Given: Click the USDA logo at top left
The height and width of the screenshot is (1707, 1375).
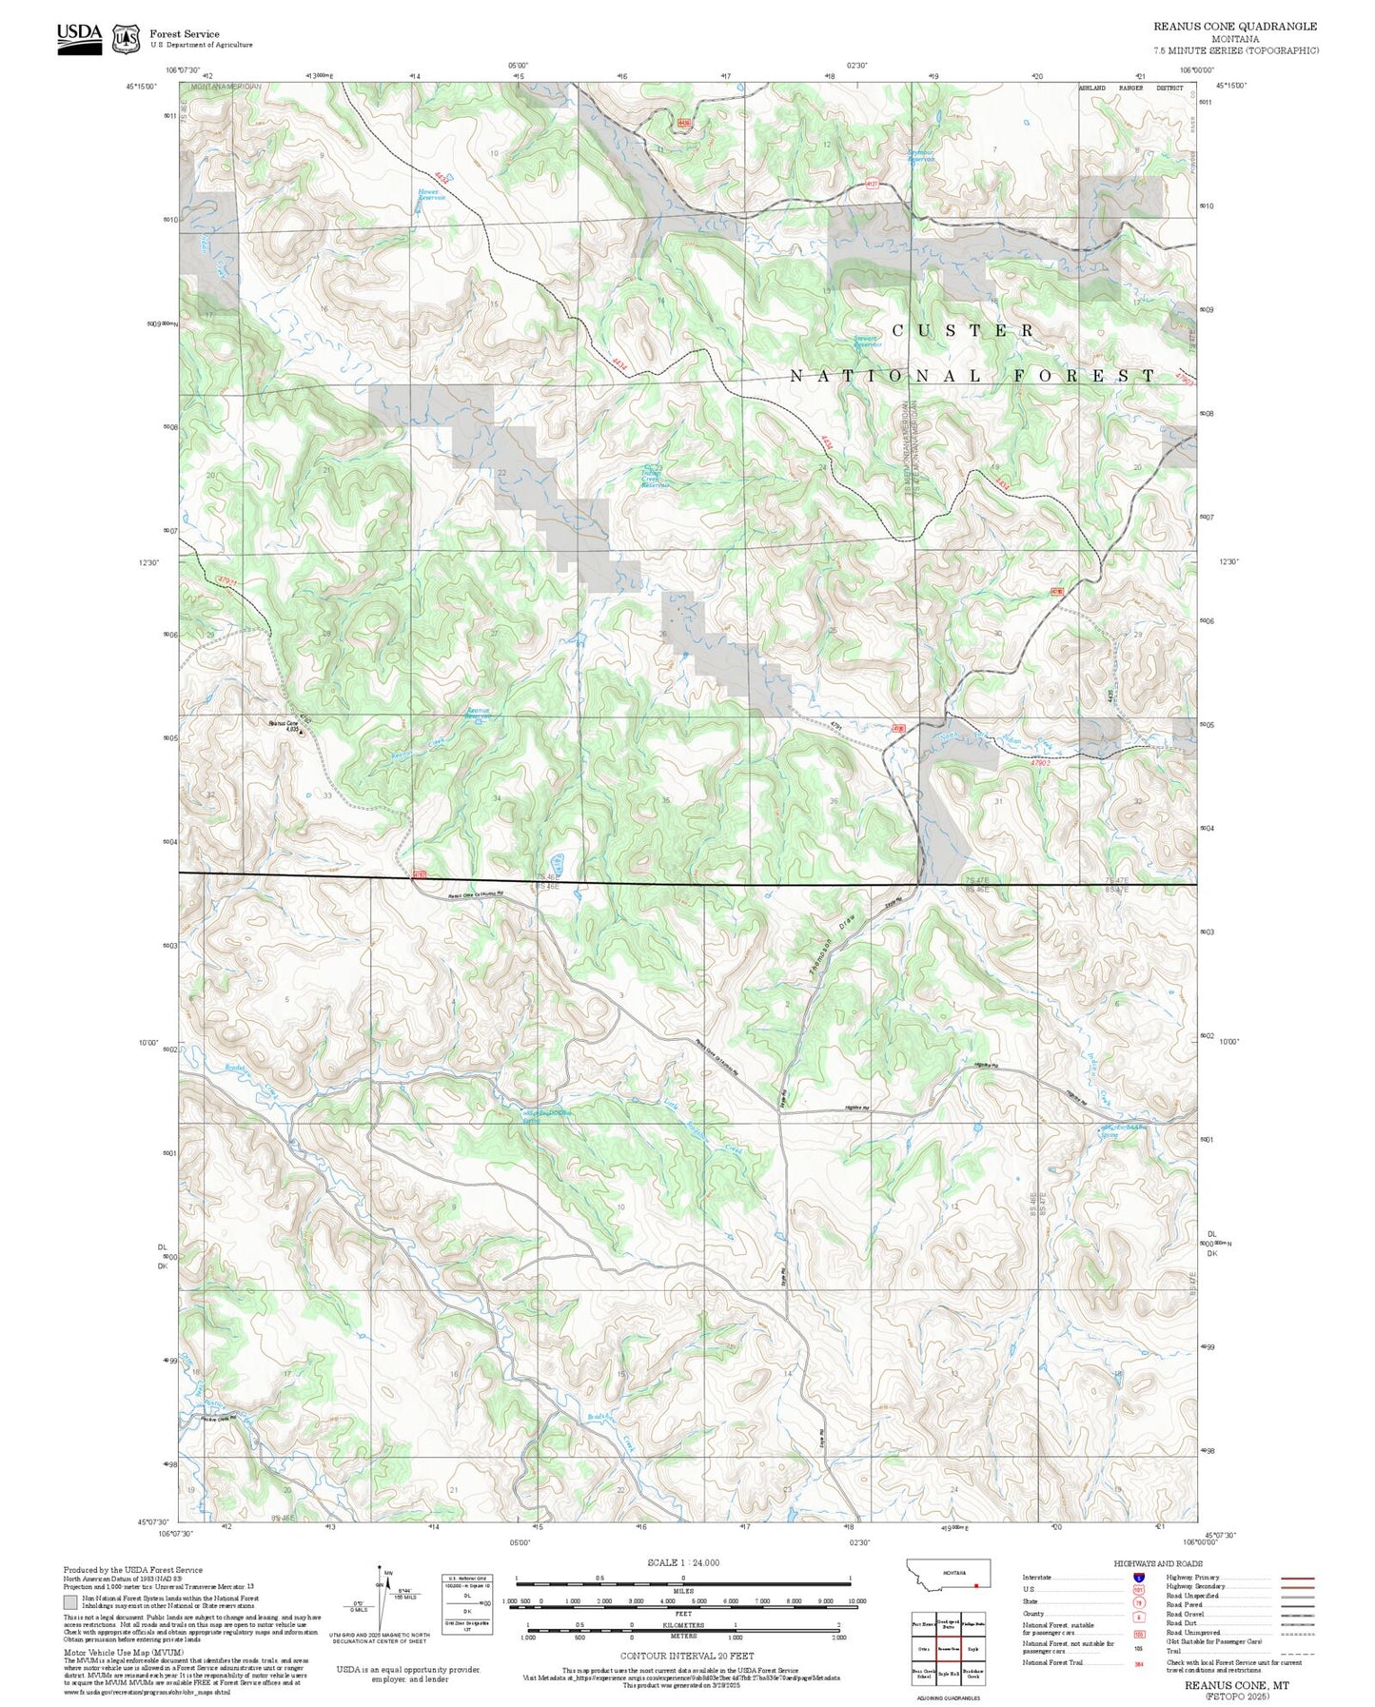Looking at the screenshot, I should tap(79, 37).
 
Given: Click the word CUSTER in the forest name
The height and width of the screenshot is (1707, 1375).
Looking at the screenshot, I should tap(963, 330).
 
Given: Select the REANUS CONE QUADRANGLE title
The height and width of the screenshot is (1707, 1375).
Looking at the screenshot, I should tap(1235, 27).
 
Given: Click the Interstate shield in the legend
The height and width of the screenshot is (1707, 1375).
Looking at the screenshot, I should tap(1138, 1577).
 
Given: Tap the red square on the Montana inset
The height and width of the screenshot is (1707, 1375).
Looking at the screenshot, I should tap(976, 1586).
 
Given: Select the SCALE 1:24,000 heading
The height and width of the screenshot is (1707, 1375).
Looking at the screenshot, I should tap(682, 1562).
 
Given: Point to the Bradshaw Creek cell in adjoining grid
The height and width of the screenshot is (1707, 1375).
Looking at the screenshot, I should tap(973, 1673).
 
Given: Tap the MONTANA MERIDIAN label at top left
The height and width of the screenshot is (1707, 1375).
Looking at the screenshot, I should tap(226, 87).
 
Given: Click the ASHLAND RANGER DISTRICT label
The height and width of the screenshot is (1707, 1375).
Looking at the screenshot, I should tap(1130, 88).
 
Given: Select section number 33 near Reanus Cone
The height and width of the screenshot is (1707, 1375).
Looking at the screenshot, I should tap(327, 795).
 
